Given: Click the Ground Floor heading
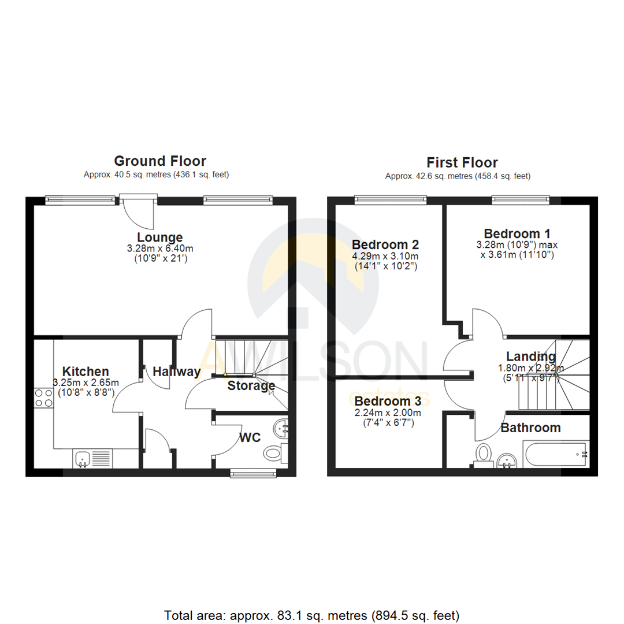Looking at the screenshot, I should coord(160,161).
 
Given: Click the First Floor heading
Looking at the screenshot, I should coord(462,162).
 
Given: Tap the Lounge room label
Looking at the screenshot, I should coord(160,237).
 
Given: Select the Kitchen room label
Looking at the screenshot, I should coord(86,371).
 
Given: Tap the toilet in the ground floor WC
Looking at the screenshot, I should coord(274,454).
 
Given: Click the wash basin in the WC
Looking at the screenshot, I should coord(281,428).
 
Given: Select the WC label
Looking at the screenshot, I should coord(250,438).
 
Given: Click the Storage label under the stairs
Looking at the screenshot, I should coord(251,385).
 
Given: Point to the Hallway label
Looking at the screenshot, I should coord(177,372).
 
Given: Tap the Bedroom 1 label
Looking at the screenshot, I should coord(517,233).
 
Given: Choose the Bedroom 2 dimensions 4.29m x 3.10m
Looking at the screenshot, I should coord(385,256).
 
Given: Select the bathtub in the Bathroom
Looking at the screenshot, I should coord(555,454).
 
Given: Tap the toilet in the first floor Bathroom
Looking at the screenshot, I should coord(483,454).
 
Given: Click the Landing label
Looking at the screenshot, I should coord(530,356).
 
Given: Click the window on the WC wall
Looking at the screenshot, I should coord(252,474).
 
